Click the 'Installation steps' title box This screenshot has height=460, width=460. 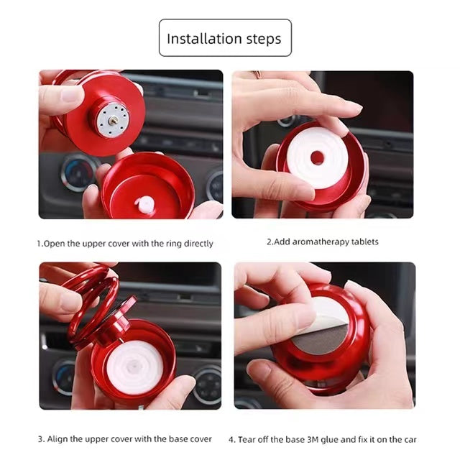(x=225, y=38)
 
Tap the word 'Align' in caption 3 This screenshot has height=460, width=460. (x=58, y=439)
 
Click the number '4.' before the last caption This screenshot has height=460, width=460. (x=232, y=439)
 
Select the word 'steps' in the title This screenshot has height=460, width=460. (x=267, y=39)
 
